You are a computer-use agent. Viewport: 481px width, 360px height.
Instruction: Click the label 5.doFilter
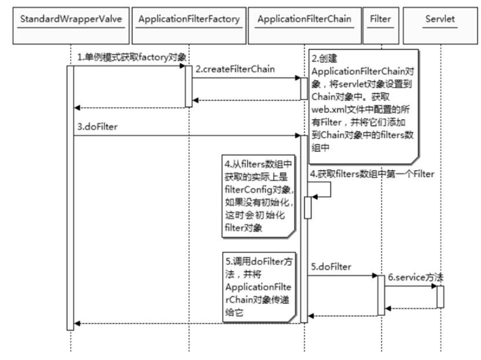pyautogui.click(x=331, y=267)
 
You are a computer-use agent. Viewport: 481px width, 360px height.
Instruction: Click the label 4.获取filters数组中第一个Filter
pyautogui.click(x=371, y=174)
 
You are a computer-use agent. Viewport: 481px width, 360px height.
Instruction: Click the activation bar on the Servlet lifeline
pyautogui.click(x=440, y=296)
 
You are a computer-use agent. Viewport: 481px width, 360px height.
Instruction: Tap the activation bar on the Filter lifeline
pyautogui.click(x=381, y=295)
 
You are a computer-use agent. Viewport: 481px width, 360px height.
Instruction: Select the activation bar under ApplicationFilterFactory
pyautogui.click(x=188, y=86)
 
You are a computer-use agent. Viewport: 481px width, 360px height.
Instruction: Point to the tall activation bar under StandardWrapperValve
pyautogui.click(x=70, y=197)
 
